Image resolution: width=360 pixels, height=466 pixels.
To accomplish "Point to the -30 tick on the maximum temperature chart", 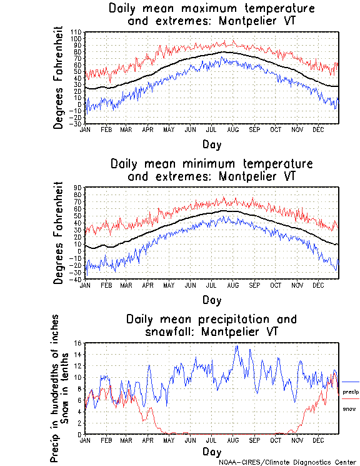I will pos(76,123).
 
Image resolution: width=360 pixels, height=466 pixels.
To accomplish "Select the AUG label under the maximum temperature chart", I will pos(232,129).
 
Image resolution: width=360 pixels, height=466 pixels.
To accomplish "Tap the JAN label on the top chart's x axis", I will pos(86,129).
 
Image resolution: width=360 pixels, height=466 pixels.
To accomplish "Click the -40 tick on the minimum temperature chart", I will pos(76,279).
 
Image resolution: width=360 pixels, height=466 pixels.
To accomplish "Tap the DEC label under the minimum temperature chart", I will pos(317,285).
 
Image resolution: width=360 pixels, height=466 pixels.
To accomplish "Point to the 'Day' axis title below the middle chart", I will pos(211,300).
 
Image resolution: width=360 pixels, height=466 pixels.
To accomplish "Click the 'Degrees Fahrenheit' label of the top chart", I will pos(59,77).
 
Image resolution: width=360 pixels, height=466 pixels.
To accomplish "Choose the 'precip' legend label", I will pos(351,392).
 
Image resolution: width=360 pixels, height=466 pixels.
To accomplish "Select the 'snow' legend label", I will pos(349,408).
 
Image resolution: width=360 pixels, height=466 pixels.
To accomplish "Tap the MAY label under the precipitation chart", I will pos(169,440).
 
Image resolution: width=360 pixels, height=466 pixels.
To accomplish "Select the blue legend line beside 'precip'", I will pos(351,382).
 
